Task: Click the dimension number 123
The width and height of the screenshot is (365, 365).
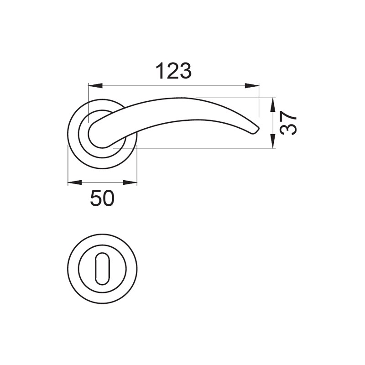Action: tap(174, 71)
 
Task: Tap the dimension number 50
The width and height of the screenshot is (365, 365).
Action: tap(102, 198)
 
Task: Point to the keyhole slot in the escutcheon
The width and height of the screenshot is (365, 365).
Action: tap(102, 269)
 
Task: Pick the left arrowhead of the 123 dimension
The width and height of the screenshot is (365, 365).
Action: tap(95, 86)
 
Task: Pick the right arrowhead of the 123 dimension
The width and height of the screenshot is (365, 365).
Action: tap(252, 86)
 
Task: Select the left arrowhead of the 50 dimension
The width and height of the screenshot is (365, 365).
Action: tap(75, 182)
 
